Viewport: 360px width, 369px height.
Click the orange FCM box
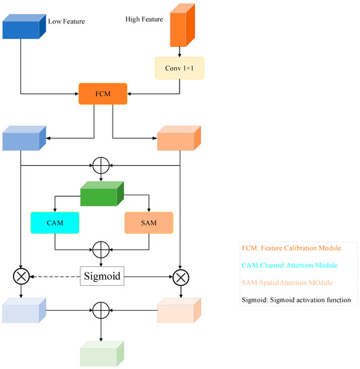pos(103,93)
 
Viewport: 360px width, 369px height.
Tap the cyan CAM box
pos(54,222)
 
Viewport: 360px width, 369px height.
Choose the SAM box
pos(149,222)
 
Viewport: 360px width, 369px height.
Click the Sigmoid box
pos(102,274)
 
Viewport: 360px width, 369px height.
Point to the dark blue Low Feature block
pos(23,28)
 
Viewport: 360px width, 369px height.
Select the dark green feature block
pos(102,194)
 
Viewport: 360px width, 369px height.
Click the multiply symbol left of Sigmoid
pos(22,275)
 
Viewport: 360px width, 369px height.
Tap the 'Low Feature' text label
pos(66,21)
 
